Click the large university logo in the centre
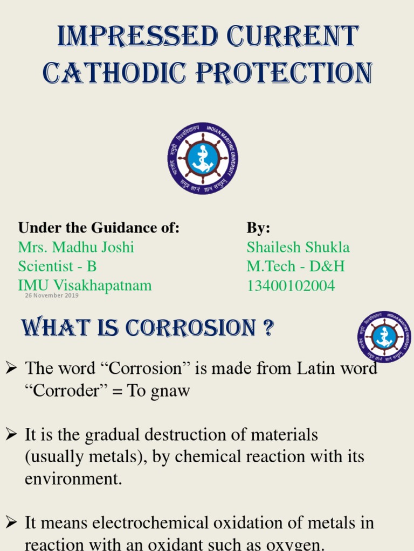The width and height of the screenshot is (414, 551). [x=203, y=158]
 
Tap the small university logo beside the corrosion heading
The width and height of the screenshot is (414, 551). [x=384, y=337]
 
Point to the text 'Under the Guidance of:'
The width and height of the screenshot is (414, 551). [x=99, y=228]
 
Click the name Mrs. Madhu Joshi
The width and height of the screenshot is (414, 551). [x=76, y=247]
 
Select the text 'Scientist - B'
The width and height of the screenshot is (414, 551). [x=57, y=266]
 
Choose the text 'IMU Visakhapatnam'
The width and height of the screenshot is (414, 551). [x=85, y=285]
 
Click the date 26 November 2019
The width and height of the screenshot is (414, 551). [x=52, y=295]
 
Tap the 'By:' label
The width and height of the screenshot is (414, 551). [x=258, y=228]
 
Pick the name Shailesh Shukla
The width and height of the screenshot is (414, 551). [x=298, y=247]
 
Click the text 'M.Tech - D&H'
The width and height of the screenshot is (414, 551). [x=295, y=266]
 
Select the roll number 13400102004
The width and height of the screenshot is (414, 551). [x=291, y=286]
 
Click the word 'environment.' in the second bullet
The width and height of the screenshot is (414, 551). [x=73, y=478]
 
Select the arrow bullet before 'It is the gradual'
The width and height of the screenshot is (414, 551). [x=11, y=435]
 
